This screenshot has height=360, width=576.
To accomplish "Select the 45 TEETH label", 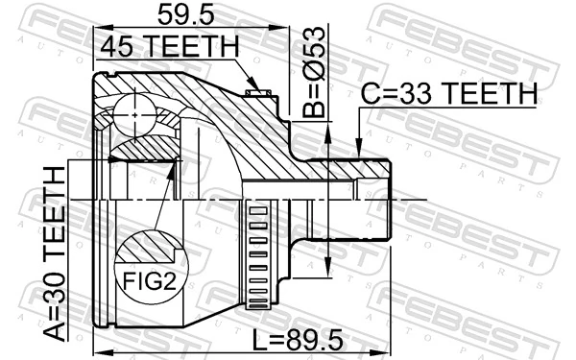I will click(x=168, y=45).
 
